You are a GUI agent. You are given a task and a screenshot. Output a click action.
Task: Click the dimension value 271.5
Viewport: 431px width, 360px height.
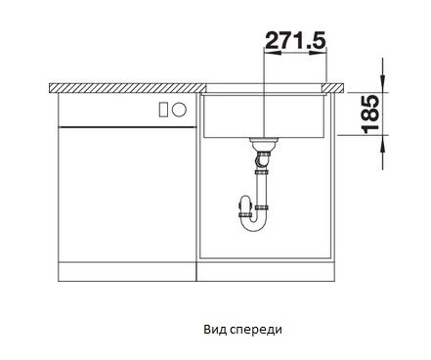pyautogui.click(x=295, y=40)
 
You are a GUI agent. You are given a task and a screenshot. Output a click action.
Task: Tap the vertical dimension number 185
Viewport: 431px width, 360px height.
pyautogui.click(x=371, y=113)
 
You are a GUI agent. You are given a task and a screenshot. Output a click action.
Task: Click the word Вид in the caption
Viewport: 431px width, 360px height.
pyautogui.click(x=215, y=330)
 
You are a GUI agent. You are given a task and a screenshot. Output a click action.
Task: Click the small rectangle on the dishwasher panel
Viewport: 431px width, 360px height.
pyautogui.click(x=163, y=109)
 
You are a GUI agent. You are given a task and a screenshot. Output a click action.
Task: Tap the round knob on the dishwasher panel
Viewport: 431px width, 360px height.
pyautogui.click(x=179, y=110)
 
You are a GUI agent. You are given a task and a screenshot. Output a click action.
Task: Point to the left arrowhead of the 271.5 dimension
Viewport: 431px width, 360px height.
pyautogui.click(x=272, y=52)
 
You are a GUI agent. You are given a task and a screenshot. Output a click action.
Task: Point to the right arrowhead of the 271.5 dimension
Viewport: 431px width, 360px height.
pyautogui.click(x=318, y=52)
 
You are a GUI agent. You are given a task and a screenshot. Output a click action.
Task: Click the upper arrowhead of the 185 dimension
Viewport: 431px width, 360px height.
pyautogui.click(x=383, y=84)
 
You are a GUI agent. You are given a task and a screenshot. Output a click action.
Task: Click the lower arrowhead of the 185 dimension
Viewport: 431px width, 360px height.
pyautogui.click(x=383, y=144)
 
